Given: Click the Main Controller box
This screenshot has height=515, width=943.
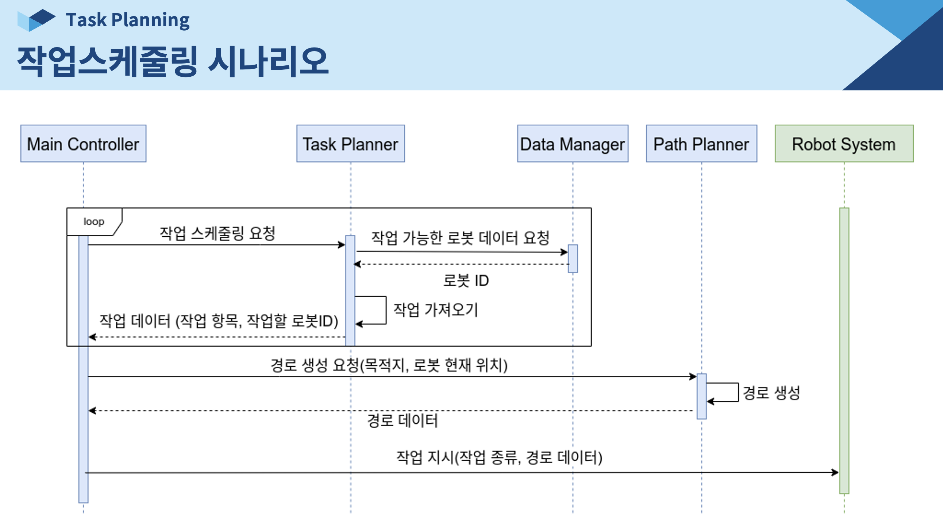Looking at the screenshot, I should (83, 144).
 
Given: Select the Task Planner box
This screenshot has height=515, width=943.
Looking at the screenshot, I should (350, 144).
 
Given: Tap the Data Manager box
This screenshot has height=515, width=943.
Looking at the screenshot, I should (573, 144).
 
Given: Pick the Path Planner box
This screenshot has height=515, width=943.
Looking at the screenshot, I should (701, 144).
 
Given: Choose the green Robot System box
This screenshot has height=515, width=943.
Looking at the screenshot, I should (844, 144).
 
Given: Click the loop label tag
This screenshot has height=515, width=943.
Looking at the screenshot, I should (94, 222).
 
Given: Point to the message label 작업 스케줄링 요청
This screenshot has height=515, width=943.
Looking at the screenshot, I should (217, 233).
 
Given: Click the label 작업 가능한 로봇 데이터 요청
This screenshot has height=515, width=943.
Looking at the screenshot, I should (460, 238).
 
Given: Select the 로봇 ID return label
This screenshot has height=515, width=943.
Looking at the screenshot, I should (466, 281).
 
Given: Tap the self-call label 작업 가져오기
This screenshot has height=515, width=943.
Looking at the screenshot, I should (435, 310).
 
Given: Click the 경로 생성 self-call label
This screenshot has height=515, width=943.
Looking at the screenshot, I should (771, 393).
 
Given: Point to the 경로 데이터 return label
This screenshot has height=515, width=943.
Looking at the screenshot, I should (402, 420).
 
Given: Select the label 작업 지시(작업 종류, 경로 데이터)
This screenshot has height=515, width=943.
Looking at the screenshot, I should (499, 457).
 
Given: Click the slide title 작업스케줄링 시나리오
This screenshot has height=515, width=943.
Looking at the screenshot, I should (173, 61).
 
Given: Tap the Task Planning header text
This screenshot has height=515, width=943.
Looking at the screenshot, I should (128, 20).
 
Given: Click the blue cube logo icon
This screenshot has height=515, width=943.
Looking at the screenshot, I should (36, 20).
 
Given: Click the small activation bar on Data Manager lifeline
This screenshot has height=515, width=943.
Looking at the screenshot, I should (573, 259).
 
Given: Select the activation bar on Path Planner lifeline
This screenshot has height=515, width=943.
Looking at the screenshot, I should (701, 396).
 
